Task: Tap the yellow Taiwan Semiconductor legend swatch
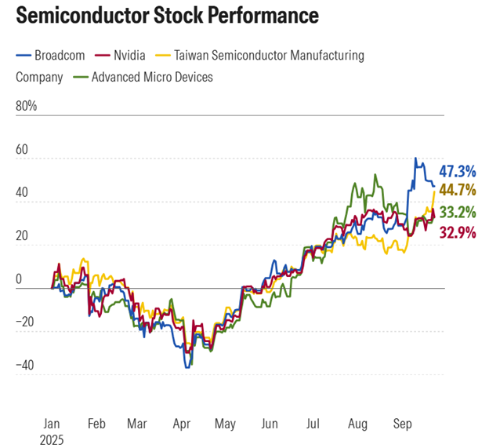click(163, 55)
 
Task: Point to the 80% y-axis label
click(27, 105)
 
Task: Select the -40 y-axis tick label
click(26, 365)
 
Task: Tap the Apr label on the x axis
click(181, 424)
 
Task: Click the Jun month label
click(270, 424)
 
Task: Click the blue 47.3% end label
click(457, 170)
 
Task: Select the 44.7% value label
click(457, 190)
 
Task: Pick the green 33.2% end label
click(457, 212)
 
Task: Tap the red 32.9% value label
click(457, 232)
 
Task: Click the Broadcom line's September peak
click(416, 158)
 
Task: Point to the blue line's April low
click(187, 366)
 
